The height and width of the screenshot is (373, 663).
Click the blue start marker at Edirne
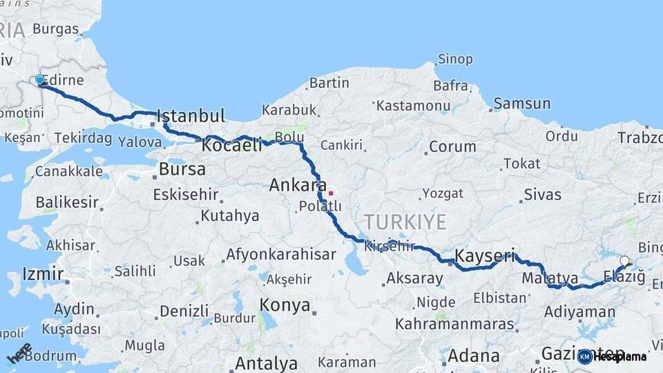[x=39, y=80]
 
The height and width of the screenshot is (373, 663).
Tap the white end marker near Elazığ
[x=624, y=261]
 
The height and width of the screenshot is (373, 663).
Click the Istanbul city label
[x=191, y=116]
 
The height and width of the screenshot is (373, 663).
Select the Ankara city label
[x=298, y=185]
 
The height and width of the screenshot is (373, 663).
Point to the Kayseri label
[x=485, y=256]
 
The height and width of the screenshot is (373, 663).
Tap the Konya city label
[x=285, y=305]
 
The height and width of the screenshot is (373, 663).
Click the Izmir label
[x=43, y=274]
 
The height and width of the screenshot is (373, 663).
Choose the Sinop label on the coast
[x=456, y=59]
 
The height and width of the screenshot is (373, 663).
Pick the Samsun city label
[x=522, y=104]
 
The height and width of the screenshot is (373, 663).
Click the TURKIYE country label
[x=405, y=222]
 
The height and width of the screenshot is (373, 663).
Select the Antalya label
[x=267, y=363]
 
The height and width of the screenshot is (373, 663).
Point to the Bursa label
[x=182, y=169]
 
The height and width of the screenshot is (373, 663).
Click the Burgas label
[x=55, y=29]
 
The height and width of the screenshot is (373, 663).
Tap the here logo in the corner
[x=19, y=353]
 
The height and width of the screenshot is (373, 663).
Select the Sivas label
[x=542, y=194]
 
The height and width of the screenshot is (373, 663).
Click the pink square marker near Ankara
[x=331, y=193]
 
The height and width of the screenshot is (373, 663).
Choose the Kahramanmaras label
[x=454, y=323]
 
